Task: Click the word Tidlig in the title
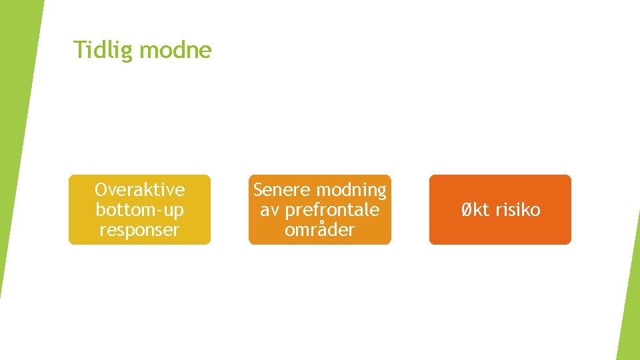pos(97,50)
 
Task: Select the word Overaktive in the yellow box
pos(140,190)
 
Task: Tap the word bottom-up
pos(140,210)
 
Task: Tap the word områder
pos(320,230)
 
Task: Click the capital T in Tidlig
pos(78,50)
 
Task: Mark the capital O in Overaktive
pos(101,190)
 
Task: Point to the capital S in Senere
pos(258,190)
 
